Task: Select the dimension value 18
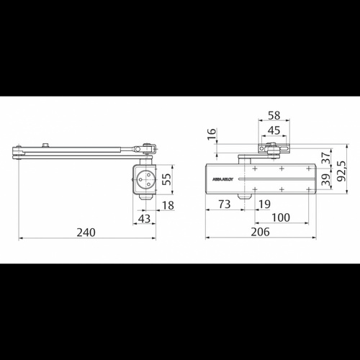[x=168, y=206]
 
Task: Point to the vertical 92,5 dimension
[x=339, y=174]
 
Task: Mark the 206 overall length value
[x=261, y=232]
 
